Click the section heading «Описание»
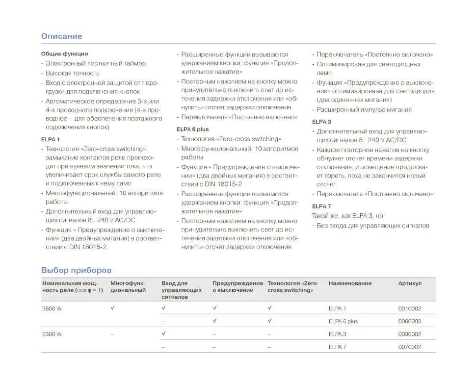[61, 36]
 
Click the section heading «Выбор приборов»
[76, 270]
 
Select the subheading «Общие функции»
[64, 53]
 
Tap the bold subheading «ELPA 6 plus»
[192, 129]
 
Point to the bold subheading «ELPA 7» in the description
[321, 206]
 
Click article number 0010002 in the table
[409, 308]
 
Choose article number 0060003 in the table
[409, 321]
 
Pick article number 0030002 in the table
[409, 334]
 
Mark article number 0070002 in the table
[409, 347]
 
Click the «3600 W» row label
[52, 308]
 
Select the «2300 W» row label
[52, 334]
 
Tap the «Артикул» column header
[410, 283]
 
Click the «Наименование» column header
[350, 283]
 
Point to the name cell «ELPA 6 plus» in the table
[343, 321]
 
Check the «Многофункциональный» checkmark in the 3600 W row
[113, 308]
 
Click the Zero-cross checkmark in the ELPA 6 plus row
[270, 321]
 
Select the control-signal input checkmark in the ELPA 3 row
[164, 334]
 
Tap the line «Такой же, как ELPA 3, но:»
[348, 216]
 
